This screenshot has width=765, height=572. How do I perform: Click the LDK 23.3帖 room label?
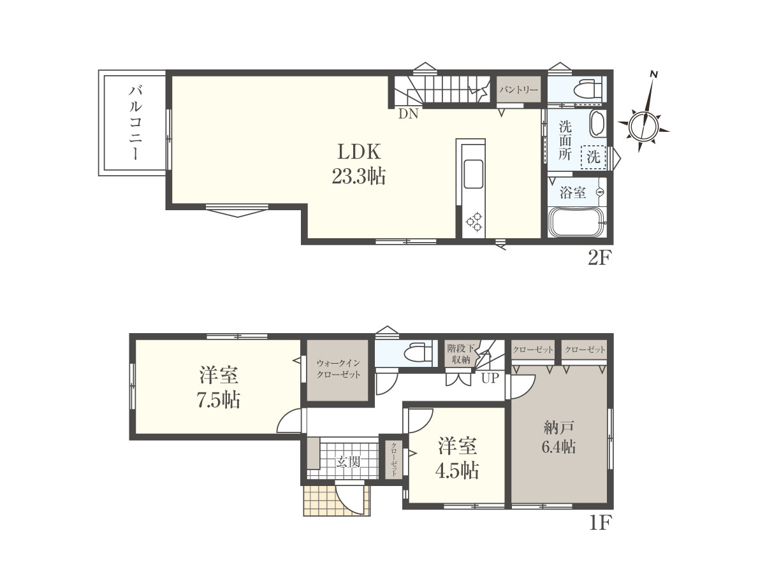coord(359,164)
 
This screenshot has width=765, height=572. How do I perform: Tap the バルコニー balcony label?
coord(136,123)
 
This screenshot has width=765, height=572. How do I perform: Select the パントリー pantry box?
coord(518,89)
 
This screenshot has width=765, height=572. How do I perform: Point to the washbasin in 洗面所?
coord(598,124)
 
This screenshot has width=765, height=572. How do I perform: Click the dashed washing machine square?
coord(594,157)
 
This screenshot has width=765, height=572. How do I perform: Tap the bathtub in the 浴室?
coord(576,222)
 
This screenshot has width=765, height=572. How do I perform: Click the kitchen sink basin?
coord(473,174)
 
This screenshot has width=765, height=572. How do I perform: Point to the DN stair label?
coord(408,114)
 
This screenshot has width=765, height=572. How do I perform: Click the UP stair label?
coord(490,378)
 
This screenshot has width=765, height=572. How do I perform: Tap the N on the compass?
coord(654,74)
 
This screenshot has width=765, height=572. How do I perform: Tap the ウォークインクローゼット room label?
coord(338,369)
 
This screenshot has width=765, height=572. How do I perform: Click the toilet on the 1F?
coord(417,352)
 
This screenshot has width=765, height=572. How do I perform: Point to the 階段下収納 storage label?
coord(461,354)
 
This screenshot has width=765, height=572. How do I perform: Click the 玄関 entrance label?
coord(348,462)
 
